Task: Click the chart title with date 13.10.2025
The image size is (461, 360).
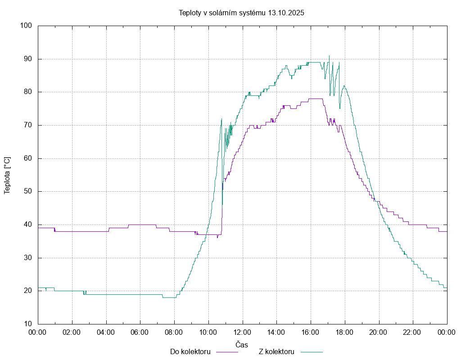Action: (241, 13)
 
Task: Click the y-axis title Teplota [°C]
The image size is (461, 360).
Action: (7, 175)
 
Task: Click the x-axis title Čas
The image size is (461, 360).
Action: (242, 344)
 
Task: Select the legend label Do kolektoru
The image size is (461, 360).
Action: (190, 351)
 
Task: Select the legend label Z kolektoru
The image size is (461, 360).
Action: (276, 351)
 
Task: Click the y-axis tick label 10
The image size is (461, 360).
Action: (28, 324)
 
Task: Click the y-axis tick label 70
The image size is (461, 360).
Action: (28, 125)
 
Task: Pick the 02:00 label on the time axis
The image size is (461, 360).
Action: (72, 333)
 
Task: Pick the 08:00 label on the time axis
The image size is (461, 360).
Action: (174, 333)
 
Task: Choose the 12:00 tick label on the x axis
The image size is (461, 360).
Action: (242, 333)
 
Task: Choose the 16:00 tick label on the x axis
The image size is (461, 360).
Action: (311, 333)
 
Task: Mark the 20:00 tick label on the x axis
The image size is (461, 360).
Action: (379, 333)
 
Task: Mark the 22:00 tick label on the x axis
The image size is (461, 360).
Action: (413, 333)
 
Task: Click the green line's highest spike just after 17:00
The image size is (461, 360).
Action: (329, 56)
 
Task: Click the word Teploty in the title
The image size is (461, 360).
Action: (190, 13)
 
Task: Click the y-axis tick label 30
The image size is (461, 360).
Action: (28, 258)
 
